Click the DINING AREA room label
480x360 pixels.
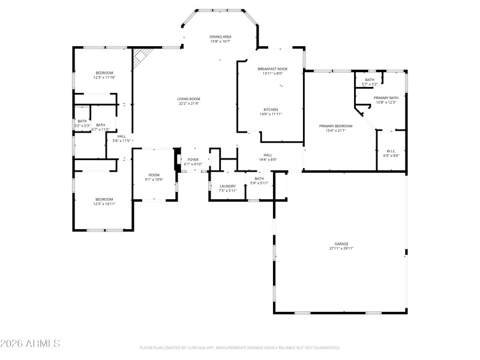(x=220, y=37)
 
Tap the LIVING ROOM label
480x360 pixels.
(x=188, y=99)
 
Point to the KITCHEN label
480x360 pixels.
(x=271, y=109)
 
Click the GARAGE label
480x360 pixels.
(x=341, y=244)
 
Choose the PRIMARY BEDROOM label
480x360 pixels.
(x=339, y=125)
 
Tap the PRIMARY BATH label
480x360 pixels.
(x=386, y=98)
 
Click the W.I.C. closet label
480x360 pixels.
(x=390, y=151)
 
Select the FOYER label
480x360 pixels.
(x=193, y=160)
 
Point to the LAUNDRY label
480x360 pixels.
(x=228, y=186)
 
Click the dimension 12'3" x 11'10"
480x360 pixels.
(x=103, y=77)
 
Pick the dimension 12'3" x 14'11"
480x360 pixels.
(x=104, y=204)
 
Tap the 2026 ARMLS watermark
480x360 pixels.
(x=30, y=344)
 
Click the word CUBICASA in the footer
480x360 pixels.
(x=204, y=348)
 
